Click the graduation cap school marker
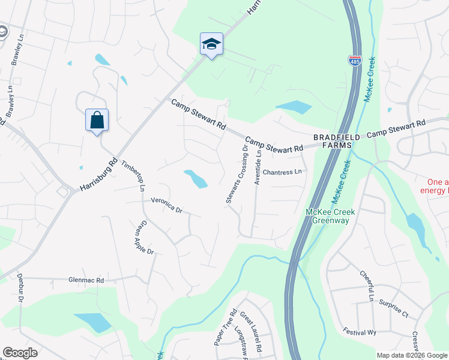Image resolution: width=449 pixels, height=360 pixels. pyautogui.click(x=211, y=43)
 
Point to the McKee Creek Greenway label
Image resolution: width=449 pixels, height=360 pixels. pyautogui.click(x=330, y=216)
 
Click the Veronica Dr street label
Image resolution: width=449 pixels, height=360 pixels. pyautogui.click(x=166, y=205)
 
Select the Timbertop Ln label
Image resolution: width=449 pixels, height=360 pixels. pyautogui.click(x=133, y=175)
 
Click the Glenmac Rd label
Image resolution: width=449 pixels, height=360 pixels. pyautogui.click(x=86, y=280)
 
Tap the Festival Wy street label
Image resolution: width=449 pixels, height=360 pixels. pyautogui.click(x=359, y=331)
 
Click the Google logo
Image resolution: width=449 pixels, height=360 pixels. pyautogui.click(x=20, y=353)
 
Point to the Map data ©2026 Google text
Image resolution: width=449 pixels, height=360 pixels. pyautogui.click(x=411, y=355)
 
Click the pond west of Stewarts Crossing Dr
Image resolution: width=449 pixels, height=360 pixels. pyautogui.click(x=196, y=178)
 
